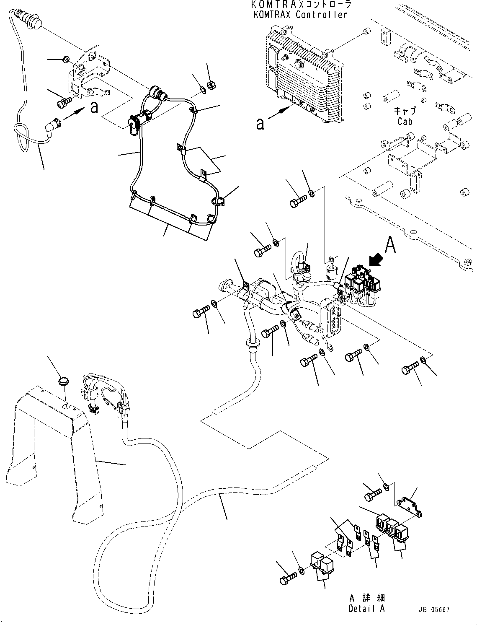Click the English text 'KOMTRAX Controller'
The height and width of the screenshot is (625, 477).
(x=300, y=15)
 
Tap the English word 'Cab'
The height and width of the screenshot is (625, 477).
(x=405, y=121)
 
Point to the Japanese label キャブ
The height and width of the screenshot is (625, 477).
(x=405, y=111)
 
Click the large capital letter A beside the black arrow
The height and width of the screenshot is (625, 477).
(x=390, y=245)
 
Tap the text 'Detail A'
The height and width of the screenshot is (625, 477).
(x=366, y=608)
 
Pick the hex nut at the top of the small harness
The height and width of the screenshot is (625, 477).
(x=211, y=84)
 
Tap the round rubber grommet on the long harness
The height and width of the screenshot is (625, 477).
(x=250, y=344)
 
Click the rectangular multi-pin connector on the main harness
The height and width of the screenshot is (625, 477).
(x=330, y=318)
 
